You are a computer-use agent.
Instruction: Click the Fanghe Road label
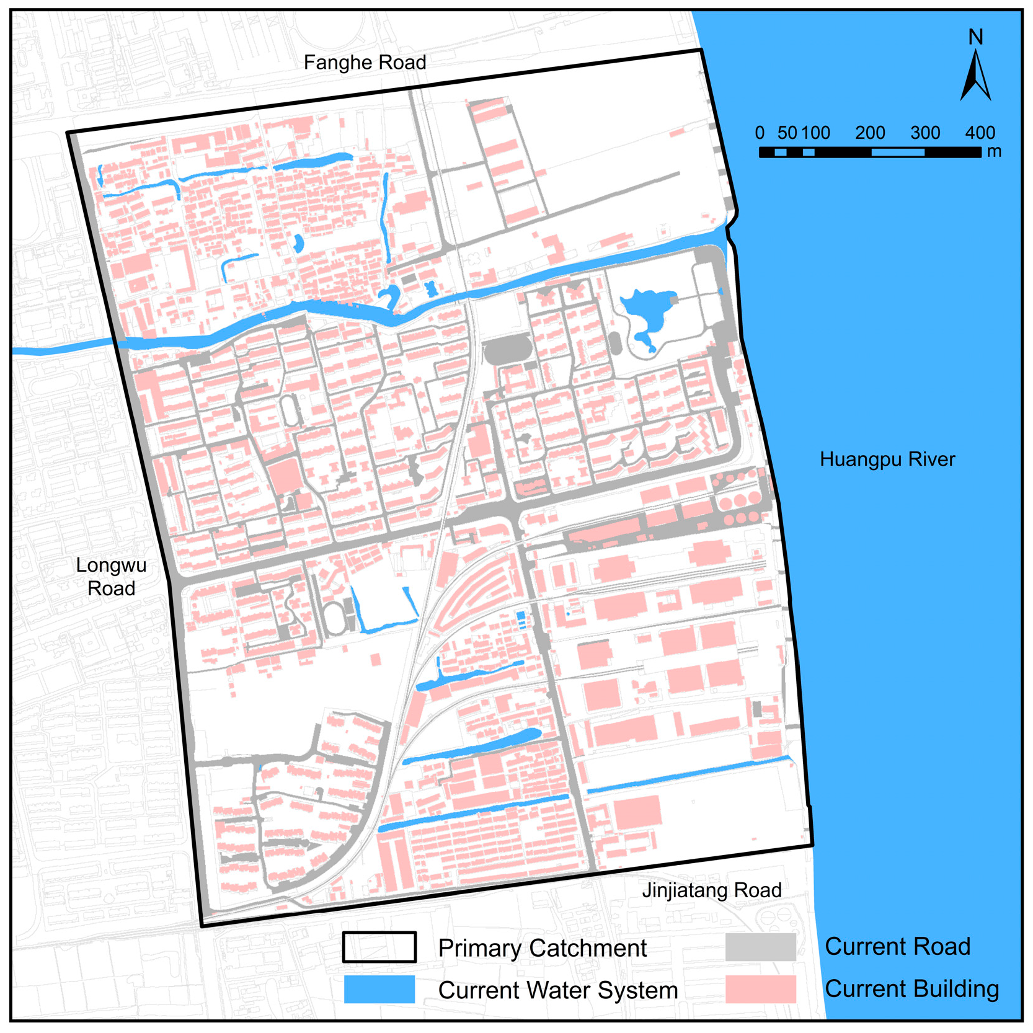point(365,63)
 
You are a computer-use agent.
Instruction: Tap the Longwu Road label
point(111,576)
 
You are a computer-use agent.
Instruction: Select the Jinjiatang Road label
point(711,890)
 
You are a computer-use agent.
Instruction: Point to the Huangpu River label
point(887,459)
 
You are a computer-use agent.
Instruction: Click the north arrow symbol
point(975,77)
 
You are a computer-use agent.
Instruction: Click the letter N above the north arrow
point(975,37)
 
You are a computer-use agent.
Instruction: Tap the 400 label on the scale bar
point(980,133)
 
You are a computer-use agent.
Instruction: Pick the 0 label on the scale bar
point(760,133)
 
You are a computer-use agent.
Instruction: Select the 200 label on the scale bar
point(870,133)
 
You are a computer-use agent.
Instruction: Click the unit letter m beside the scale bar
point(994,152)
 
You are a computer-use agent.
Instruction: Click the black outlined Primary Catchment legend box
point(379,947)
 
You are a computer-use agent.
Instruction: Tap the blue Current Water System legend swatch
point(379,989)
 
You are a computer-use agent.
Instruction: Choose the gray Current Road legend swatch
point(760,947)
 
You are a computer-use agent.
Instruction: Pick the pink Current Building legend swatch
point(760,988)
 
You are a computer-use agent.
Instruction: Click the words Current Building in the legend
point(911,989)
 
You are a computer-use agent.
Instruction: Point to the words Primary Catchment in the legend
point(542,948)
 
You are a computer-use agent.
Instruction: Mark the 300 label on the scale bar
point(925,133)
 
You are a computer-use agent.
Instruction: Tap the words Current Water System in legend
point(557,990)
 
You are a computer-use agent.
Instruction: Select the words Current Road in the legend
point(897,947)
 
